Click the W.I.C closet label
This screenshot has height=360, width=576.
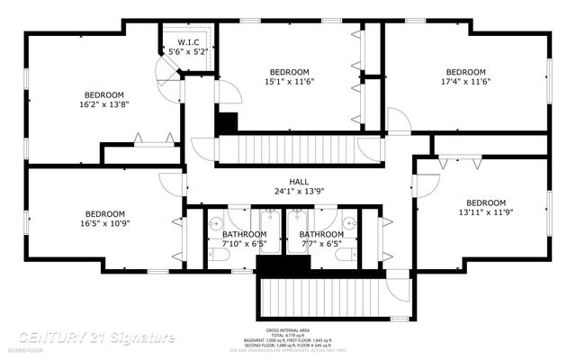[188, 42]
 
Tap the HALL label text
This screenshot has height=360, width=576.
[298, 181]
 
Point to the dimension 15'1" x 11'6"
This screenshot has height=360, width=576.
[289, 82]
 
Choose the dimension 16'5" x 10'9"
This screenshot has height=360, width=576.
[105, 223]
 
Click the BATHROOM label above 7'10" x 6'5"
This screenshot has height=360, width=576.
[243, 234]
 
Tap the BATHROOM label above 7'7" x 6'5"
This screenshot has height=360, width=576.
[320, 234]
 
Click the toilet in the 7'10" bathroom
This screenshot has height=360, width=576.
[219, 256]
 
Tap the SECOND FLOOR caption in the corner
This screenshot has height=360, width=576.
[24, 350]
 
